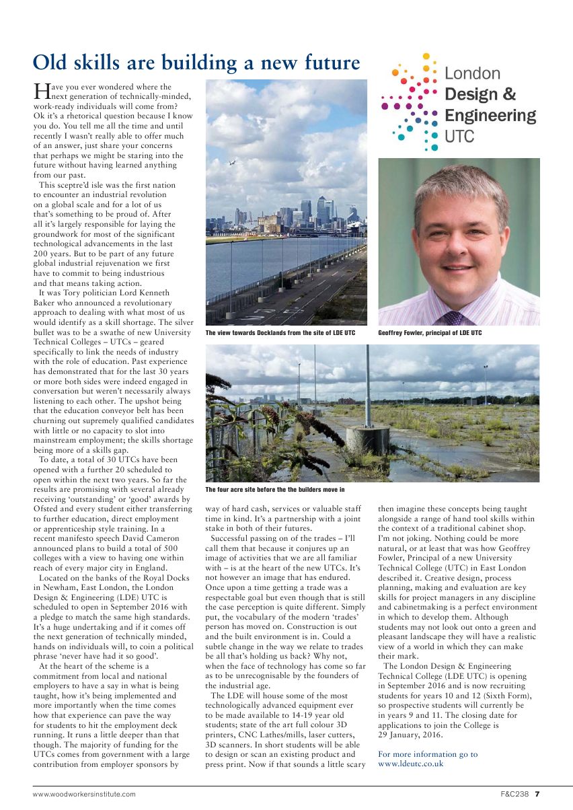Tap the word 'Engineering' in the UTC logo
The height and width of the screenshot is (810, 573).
click(x=490, y=116)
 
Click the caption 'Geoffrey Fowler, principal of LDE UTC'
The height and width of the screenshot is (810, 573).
click(x=430, y=333)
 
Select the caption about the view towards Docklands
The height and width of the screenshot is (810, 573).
click(x=280, y=333)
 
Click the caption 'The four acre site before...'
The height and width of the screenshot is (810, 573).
click(x=274, y=489)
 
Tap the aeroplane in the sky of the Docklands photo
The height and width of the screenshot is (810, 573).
click(x=232, y=162)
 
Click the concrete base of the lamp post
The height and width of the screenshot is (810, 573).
click(x=368, y=439)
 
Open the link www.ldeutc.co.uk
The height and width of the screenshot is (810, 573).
click(x=410, y=764)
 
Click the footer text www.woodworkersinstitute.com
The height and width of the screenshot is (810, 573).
click(x=84, y=794)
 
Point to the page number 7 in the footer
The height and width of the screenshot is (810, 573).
click(x=537, y=794)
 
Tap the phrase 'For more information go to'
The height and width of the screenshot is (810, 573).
click(x=428, y=754)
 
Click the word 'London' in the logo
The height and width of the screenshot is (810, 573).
click(x=473, y=73)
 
